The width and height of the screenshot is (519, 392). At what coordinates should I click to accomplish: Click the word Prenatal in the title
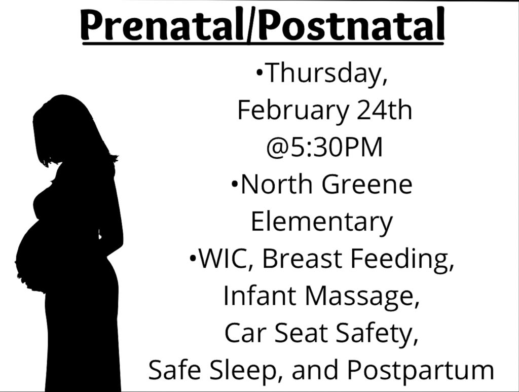162,25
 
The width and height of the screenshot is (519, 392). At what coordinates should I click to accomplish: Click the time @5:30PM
324,147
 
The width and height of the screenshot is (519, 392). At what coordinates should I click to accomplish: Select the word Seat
301,333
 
